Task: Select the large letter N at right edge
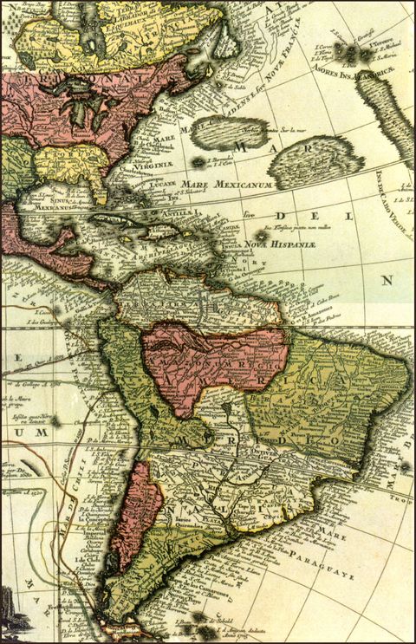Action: pyautogui.click(x=387, y=280)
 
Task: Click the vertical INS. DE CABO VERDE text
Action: pyautogui.click(x=406, y=199)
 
